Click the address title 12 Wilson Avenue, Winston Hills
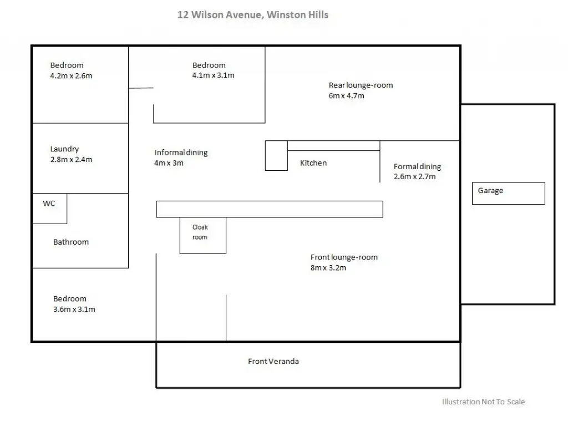(x=253, y=15)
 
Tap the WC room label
(x=49, y=203)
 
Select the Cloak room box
(x=203, y=235)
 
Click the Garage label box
(x=509, y=194)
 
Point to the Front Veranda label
(x=273, y=361)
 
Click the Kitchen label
(x=313, y=163)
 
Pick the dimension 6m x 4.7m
(x=346, y=95)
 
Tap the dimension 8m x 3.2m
(x=328, y=268)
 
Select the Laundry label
(x=64, y=149)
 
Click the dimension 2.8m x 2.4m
(x=72, y=159)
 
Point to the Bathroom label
(x=71, y=242)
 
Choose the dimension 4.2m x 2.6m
(x=72, y=75)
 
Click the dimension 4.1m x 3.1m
(x=214, y=75)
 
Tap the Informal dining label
(x=181, y=153)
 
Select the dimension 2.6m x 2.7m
(x=415, y=176)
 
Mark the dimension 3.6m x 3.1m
(x=74, y=310)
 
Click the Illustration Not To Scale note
(x=483, y=402)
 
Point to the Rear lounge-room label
(x=361, y=85)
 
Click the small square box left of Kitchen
(x=276, y=155)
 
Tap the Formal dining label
(x=417, y=166)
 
